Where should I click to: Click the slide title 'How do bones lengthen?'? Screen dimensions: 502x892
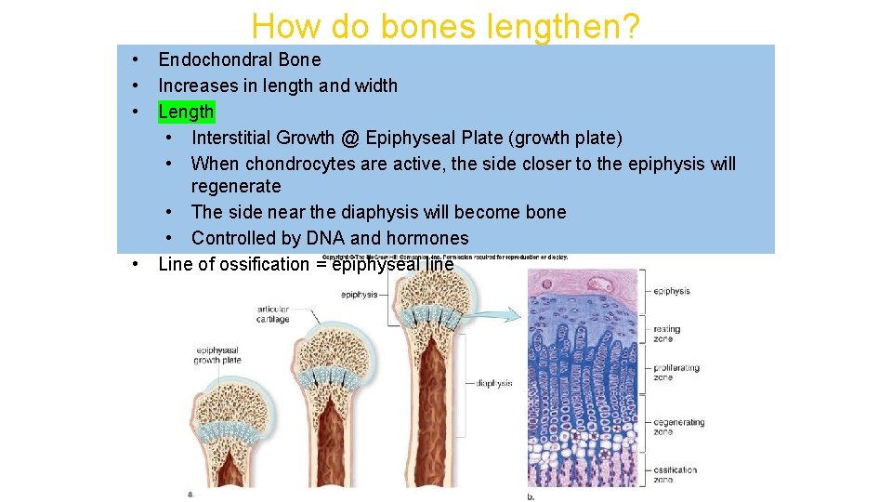click(x=445, y=26)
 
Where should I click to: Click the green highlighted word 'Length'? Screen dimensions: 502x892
click(x=186, y=112)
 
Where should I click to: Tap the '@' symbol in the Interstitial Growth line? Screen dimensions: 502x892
click(x=349, y=138)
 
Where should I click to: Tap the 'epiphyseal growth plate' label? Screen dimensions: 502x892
click(x=217, y=355)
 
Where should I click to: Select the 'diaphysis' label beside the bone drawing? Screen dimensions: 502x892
click(x=493, y=383)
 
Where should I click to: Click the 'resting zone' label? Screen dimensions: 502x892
click(x=666, y=334)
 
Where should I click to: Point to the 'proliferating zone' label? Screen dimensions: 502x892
click(x=676, y=373)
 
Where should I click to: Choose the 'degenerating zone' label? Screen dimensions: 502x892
click(x=678, y=427)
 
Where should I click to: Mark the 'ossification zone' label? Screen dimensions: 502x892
click(x=675, y=474)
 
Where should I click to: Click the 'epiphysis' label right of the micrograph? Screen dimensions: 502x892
click(x=671, y=291)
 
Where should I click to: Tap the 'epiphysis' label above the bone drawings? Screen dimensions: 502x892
click(x=359, y=295)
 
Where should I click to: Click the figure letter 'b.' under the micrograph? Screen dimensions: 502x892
click(x=531, y=496)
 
